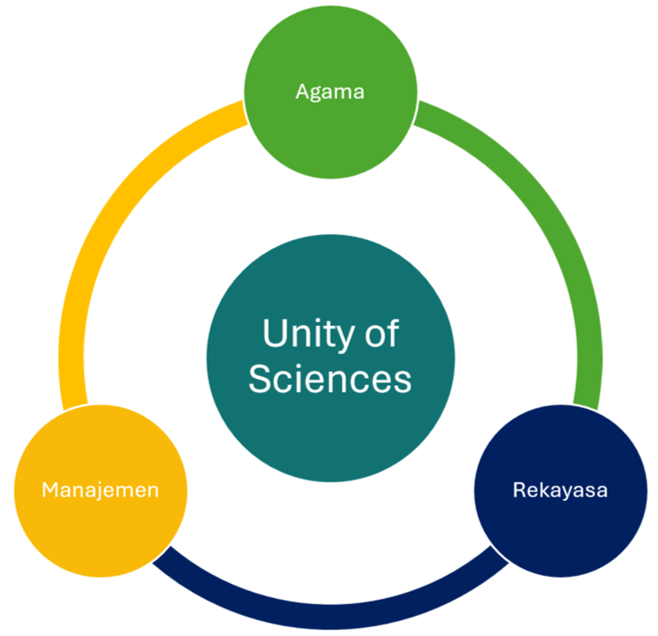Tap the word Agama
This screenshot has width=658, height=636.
tap(330, 91)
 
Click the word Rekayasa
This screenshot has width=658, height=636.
tap(560, 488)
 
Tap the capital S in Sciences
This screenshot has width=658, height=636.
tap(259, 380)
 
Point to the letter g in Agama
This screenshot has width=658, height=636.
tap(315, 93)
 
